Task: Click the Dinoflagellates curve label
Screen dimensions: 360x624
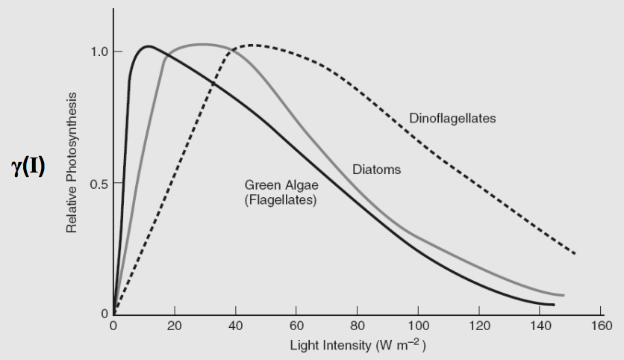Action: (452, 119)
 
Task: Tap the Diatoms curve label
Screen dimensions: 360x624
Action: (376, 170)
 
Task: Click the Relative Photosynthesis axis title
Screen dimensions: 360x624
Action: (72, 162)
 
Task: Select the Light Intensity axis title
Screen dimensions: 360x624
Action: (358, 346)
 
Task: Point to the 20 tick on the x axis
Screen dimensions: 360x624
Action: (175, 326)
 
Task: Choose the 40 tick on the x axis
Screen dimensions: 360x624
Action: (235, 326)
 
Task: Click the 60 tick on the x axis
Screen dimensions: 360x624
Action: (296, 326)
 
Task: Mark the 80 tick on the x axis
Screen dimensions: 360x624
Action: (358, 326)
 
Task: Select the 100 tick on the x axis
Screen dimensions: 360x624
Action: (418, 326)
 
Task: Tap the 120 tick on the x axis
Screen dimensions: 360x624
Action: (479, 326)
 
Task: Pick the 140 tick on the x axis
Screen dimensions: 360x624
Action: (540, 326)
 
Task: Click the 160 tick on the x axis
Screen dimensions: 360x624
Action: (601, 326)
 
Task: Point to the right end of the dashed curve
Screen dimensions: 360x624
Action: (575, 254)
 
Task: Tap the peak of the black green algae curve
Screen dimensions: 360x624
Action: (149, 46)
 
